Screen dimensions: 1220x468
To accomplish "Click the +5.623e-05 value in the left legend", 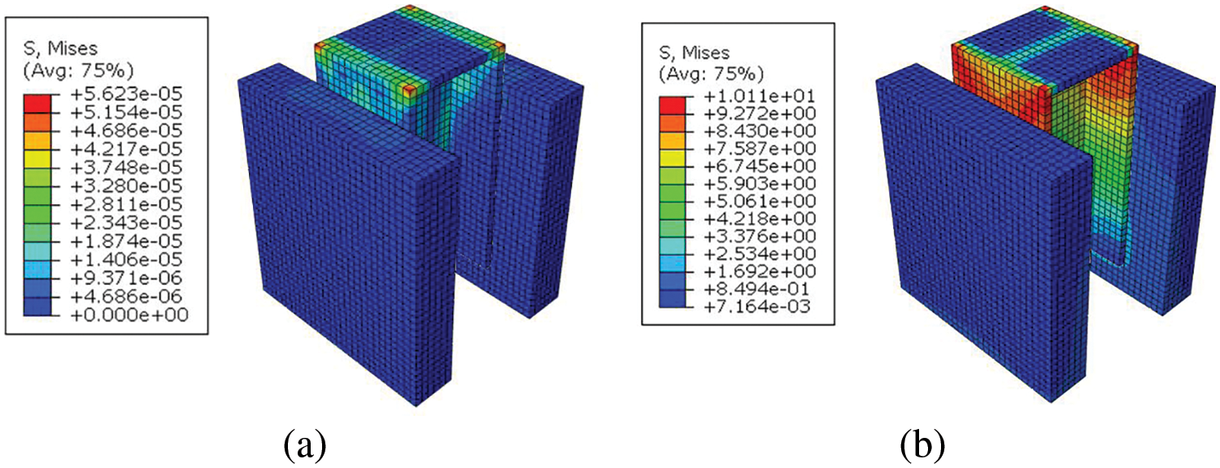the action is [126, 94].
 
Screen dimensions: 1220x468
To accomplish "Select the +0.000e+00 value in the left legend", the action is [129, 314].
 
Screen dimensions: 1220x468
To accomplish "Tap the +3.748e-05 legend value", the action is [126, 168].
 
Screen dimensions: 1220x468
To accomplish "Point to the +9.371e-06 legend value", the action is [126, 278].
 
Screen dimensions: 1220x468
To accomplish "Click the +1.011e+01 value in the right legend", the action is [760, 96].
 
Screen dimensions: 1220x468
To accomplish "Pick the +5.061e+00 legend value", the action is [760, 201].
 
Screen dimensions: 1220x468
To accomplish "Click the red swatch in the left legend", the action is [37, 103].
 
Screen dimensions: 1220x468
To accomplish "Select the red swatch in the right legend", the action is [673, 105].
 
